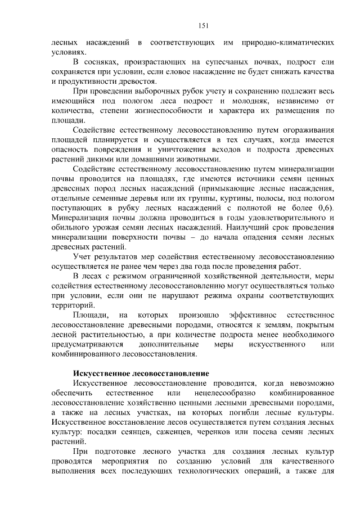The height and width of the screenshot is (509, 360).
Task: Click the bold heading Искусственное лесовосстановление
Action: pyautogui.click(x=141, y=373)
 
